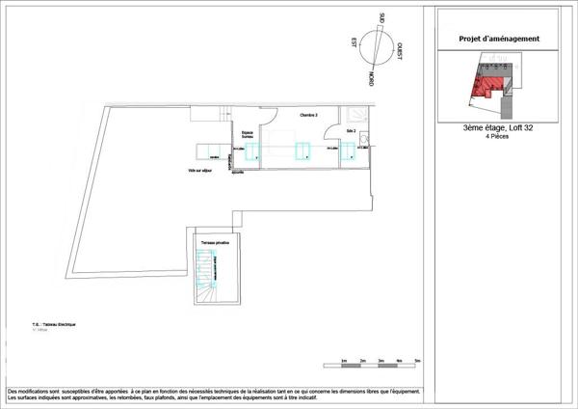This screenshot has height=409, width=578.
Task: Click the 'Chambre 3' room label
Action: point(308,115)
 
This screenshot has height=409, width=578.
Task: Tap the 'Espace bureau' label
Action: point(248,135)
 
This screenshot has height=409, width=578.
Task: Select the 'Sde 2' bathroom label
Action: point(352,130)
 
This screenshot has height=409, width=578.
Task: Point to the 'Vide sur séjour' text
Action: point(200,170)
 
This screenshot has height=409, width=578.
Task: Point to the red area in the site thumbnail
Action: point(483,90)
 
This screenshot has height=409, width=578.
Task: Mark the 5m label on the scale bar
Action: point(416,360)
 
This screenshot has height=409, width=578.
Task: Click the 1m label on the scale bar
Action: point(344,360)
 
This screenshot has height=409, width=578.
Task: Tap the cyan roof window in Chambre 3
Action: point(303,150)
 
